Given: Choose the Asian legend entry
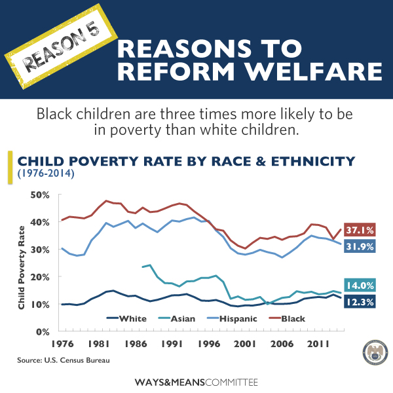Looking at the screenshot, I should click(x=181, y=319).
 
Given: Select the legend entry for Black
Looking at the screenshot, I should click(x=292, y=319).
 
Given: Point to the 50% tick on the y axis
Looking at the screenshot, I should click(x=40, y=195).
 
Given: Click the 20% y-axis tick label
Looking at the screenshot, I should click(x=40, y=277).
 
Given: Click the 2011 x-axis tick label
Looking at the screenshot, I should click(x=318, y=343).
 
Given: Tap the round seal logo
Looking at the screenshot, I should click(x=366, y=353).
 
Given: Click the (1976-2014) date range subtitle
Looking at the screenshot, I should click(x=47, y=174).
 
